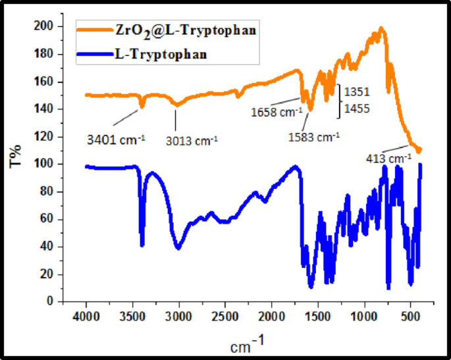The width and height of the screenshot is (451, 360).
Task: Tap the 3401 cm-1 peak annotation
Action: tap(116, 139)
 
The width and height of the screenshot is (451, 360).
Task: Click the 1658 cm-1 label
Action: tap(276, 111)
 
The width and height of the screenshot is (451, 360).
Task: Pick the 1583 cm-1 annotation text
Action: tap(314, 137)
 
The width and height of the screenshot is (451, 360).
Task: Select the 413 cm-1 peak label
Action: tap(385, 158)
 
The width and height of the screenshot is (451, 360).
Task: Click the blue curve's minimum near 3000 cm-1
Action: tap(178, 248)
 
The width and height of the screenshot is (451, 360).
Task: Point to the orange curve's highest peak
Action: tap(381, 28)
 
